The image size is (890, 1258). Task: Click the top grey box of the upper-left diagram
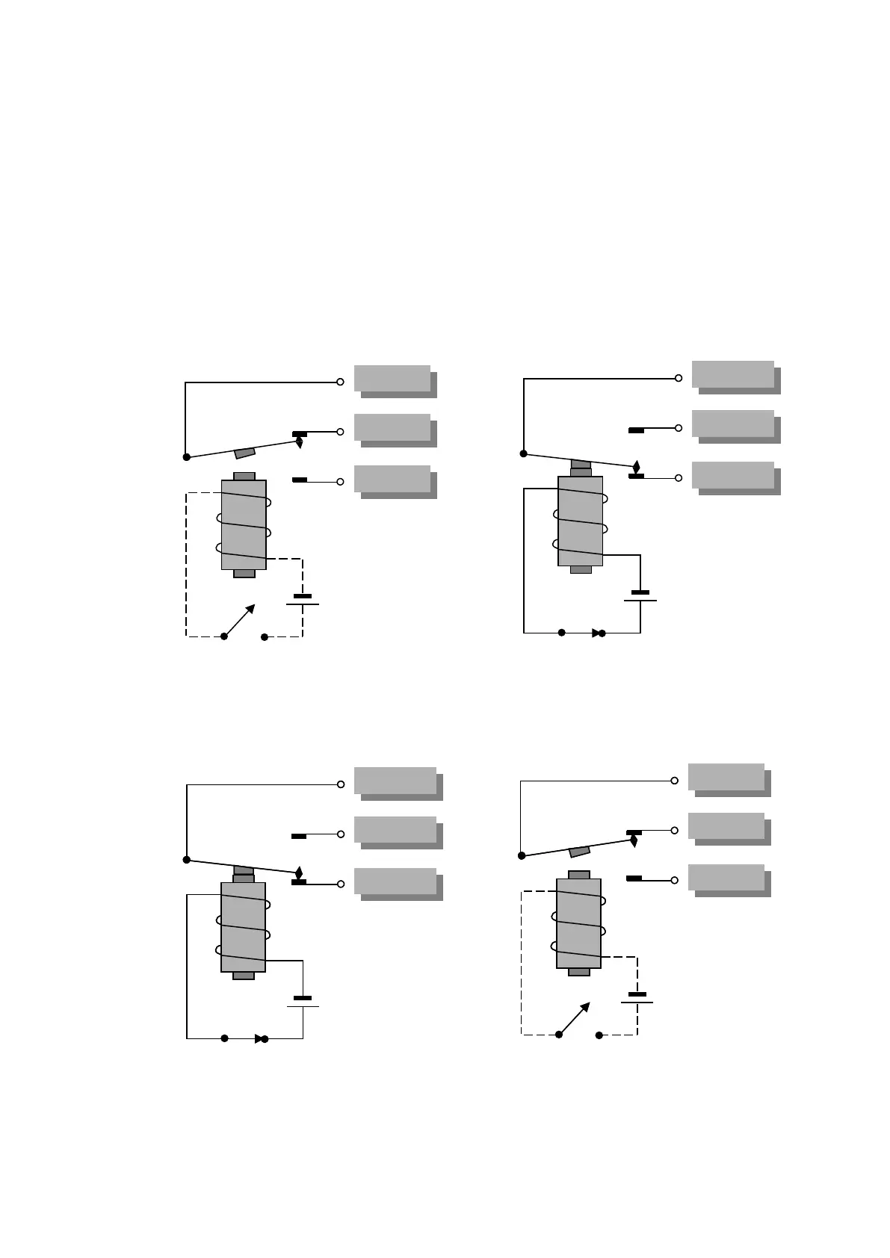point(392,379)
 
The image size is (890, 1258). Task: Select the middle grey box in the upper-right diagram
point(733,424)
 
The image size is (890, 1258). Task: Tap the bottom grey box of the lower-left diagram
point(395,881)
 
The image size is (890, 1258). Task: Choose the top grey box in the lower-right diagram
point(726,777)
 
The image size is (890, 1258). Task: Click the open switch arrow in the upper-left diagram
point(241,620)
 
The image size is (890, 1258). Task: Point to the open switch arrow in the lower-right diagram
point(575,1018)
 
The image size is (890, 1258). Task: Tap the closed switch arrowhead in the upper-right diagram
point(596,633)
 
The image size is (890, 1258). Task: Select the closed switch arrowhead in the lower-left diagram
point(259,1038)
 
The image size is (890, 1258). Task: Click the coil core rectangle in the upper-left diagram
point(244,524)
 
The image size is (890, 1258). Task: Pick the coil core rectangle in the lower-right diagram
point(578,923)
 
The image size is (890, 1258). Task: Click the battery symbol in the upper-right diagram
point(640,596)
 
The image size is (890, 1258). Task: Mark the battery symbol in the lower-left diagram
point(303,1002)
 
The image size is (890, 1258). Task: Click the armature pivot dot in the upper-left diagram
point(187,456)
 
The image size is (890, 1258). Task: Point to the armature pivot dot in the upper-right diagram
point(524,453)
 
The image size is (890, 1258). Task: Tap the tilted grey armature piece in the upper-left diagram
point(245,453)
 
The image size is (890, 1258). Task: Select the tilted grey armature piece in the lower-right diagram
point(580,851)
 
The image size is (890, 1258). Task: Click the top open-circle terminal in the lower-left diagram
point(341,784)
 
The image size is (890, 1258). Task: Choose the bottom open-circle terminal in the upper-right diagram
point(679,478)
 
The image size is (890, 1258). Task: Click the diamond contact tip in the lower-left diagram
point(299,873)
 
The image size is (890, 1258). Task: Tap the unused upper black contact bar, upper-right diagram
point(637,430)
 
